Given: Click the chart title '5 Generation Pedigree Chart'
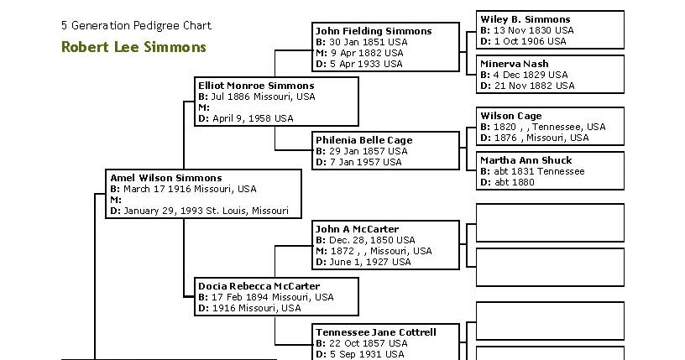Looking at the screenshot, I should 136,26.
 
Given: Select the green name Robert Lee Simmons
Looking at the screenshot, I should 133,47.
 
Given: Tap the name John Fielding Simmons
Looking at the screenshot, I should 374,31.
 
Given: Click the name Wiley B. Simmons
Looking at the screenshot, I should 525,19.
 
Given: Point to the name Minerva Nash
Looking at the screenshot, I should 515,64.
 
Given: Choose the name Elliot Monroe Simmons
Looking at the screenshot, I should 256,86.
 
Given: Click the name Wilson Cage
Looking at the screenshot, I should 510,116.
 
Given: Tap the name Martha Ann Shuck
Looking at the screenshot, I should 526,160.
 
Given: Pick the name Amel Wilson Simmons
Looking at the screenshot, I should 166,178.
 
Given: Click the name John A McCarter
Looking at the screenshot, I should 357,229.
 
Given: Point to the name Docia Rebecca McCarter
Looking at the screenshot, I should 259,286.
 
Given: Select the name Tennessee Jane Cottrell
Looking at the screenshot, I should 376,332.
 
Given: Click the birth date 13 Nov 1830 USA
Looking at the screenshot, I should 534,30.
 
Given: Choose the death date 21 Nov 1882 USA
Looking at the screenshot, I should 534,86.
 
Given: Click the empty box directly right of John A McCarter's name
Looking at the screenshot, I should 550,222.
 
